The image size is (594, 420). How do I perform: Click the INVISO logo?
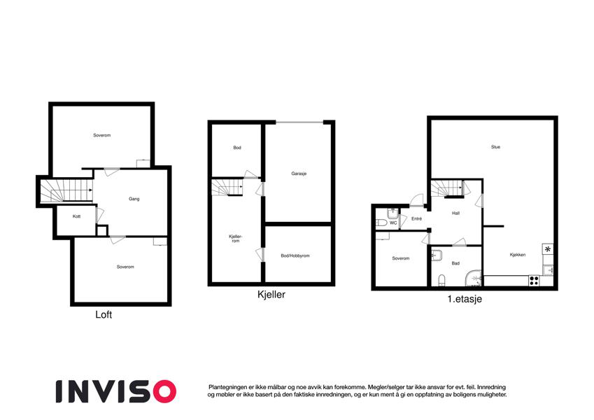tap(116, 391)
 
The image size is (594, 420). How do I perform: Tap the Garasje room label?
tap(299, 174)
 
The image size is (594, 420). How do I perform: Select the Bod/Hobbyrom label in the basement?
tap(295, 256)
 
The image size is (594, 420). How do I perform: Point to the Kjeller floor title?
tap(271, 295)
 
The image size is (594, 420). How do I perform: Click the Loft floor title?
tap(104, 314)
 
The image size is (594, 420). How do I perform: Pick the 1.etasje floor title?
tap(465, 299)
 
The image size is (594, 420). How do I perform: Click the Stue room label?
tap(495, 147)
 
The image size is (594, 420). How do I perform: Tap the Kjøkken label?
tap(518, 255)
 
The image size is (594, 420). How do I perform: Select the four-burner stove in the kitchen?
tap(534, 281)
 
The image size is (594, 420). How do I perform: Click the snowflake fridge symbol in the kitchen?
tap(548, 249)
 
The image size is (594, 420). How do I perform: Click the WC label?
tap(393, 223)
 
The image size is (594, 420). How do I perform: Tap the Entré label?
tap(416, 218)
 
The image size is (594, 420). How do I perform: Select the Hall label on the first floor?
tap(455, 213)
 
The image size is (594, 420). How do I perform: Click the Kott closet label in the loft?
tap(76, 216)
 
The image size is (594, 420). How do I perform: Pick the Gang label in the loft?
tap(134, 199)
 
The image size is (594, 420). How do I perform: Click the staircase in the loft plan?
tap(66, 190)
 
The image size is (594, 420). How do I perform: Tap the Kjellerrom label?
tap(235, 239)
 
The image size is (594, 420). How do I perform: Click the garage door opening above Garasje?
tap(299, 122)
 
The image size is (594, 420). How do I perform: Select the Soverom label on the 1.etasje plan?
tap(400, 258)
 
